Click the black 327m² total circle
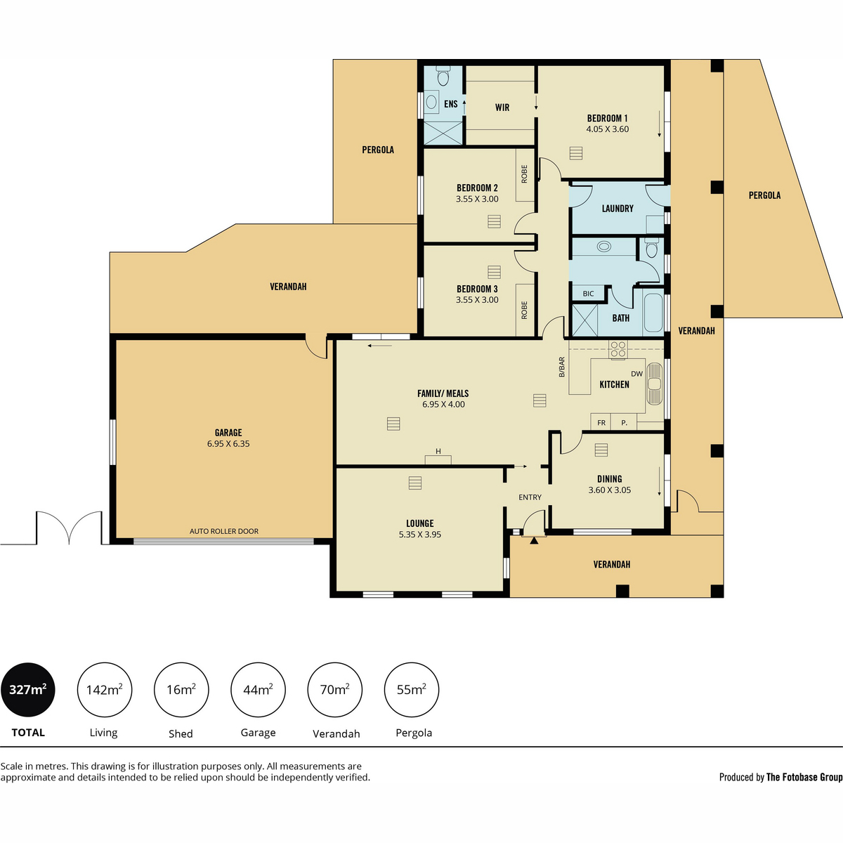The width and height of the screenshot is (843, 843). click(28, 690)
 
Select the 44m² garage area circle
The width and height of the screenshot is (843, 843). click(258, 690)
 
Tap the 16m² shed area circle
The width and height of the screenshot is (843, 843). click(181, 690)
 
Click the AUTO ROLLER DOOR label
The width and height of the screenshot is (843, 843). click(224, 531)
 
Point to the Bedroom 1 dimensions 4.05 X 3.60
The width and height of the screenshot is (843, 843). click(608, 129)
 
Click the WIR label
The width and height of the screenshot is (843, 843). click(502, 107)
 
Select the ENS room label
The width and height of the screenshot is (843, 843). click(451, 104)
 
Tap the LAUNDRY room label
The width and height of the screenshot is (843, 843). click(617, 209)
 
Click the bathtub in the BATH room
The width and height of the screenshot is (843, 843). click(653, 313)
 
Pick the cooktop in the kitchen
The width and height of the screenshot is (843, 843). click(617, 349)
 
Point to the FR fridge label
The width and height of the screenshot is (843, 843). click(601, 423)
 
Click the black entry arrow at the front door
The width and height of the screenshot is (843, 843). click(534, 540)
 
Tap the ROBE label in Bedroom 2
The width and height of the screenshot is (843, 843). click(525, 174)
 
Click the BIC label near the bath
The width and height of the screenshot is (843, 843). click(588, 294)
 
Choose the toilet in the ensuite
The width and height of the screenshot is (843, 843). click(443, 75)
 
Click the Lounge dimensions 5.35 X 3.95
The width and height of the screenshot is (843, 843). click(419, 535)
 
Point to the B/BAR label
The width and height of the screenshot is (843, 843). click(562, 367)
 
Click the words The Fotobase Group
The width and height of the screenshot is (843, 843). click(804, 777)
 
